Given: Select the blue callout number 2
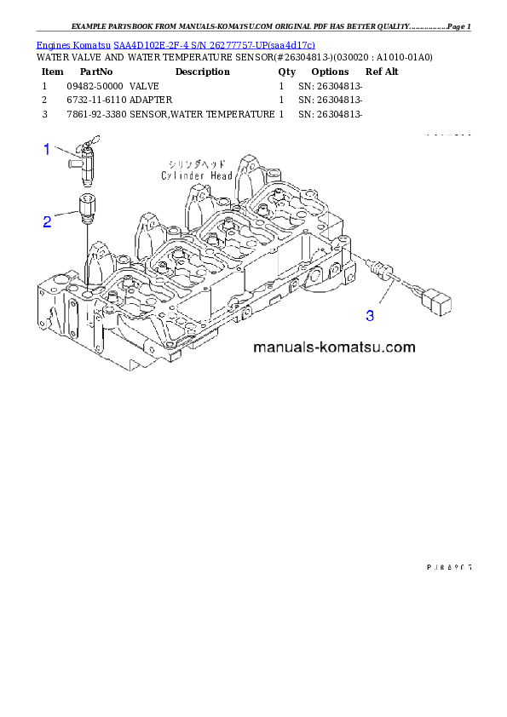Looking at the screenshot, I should [48, 222].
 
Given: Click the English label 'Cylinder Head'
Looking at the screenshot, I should [196, 175].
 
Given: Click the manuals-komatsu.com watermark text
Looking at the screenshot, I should [333, 347].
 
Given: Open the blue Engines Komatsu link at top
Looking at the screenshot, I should [176, 44].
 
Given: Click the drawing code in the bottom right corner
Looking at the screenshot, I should [448, 565].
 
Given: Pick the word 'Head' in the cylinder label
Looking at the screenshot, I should [220, 175].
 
